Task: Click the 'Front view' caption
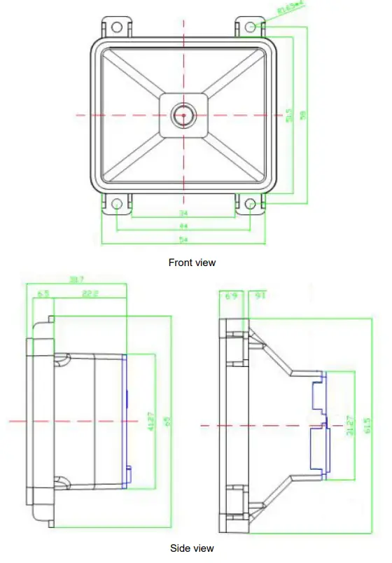[x=192, y=263]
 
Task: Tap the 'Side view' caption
[x=192, y=548]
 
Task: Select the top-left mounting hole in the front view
[x=117, y=27]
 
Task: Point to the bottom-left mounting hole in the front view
[x=117, y=204]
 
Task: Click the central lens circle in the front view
[x=184, y=115]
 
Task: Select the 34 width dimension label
[x=184, y=212]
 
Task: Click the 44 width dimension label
[x=184, y=226]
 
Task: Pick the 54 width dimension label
[x=184, y=240]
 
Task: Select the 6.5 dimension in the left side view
[x=43, y=294]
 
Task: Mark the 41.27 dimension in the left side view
[x=150, y=420]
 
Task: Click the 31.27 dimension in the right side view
[x=349, y=425]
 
